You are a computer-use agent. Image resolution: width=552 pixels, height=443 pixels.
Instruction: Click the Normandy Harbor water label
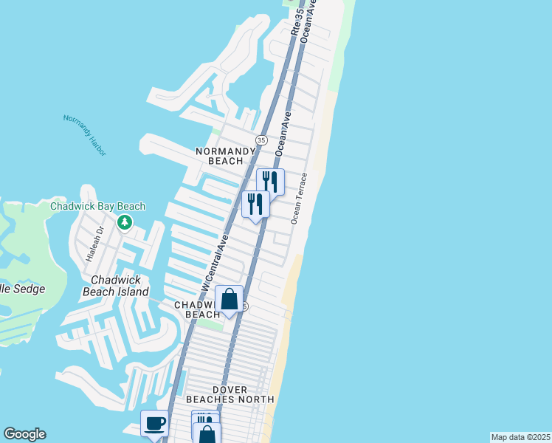(85, 135)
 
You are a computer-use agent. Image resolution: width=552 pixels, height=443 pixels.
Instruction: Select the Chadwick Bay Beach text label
(97, 207)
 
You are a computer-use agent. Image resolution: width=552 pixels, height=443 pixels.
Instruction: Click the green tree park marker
(125, 221)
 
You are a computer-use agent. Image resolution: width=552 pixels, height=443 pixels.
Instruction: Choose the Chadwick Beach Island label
(120, 286)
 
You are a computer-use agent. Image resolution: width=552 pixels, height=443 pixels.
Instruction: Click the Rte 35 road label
(297, 22)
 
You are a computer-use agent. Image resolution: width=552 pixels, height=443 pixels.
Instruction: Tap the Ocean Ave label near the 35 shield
(284, 134)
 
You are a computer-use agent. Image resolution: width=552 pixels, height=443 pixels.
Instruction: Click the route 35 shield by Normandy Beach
(261, 140)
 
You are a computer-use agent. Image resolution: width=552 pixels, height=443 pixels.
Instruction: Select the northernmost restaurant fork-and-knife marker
(270, 181)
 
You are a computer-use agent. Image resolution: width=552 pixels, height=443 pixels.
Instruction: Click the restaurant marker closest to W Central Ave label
(255, 203)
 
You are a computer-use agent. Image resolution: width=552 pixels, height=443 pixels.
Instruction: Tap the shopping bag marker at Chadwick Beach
(229, 299)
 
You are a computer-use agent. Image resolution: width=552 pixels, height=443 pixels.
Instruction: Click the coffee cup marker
(154, 424)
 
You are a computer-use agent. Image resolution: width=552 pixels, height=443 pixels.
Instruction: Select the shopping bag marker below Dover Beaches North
(207, 433)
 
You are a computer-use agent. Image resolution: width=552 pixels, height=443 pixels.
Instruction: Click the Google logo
(24, 434)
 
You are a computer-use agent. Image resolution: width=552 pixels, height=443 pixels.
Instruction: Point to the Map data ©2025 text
(520, 437)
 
